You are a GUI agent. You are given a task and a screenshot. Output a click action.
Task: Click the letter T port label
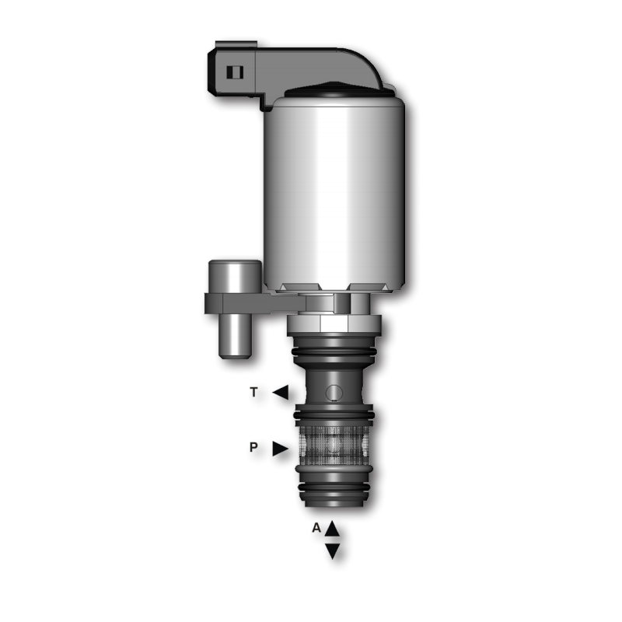(x=254, y=393)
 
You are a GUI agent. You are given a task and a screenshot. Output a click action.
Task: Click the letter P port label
(x=253, y=447)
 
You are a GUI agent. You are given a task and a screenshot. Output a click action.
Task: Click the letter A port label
(x=316, y=528)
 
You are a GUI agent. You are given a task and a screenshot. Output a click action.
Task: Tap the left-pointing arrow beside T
(x=281, y=393)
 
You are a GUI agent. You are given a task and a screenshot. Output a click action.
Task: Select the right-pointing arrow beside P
(x=281, y=449)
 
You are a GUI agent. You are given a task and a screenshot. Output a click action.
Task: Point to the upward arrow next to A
(x=333, y=529)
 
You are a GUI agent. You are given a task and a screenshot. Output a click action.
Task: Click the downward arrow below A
(x=333, y=551)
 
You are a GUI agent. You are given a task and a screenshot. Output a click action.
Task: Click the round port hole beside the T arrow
(x=334, y=393)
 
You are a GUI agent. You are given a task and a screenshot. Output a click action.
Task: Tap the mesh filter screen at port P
(x=334, y=446)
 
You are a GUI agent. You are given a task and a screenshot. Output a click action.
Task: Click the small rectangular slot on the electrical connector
(x=235, y=72)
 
